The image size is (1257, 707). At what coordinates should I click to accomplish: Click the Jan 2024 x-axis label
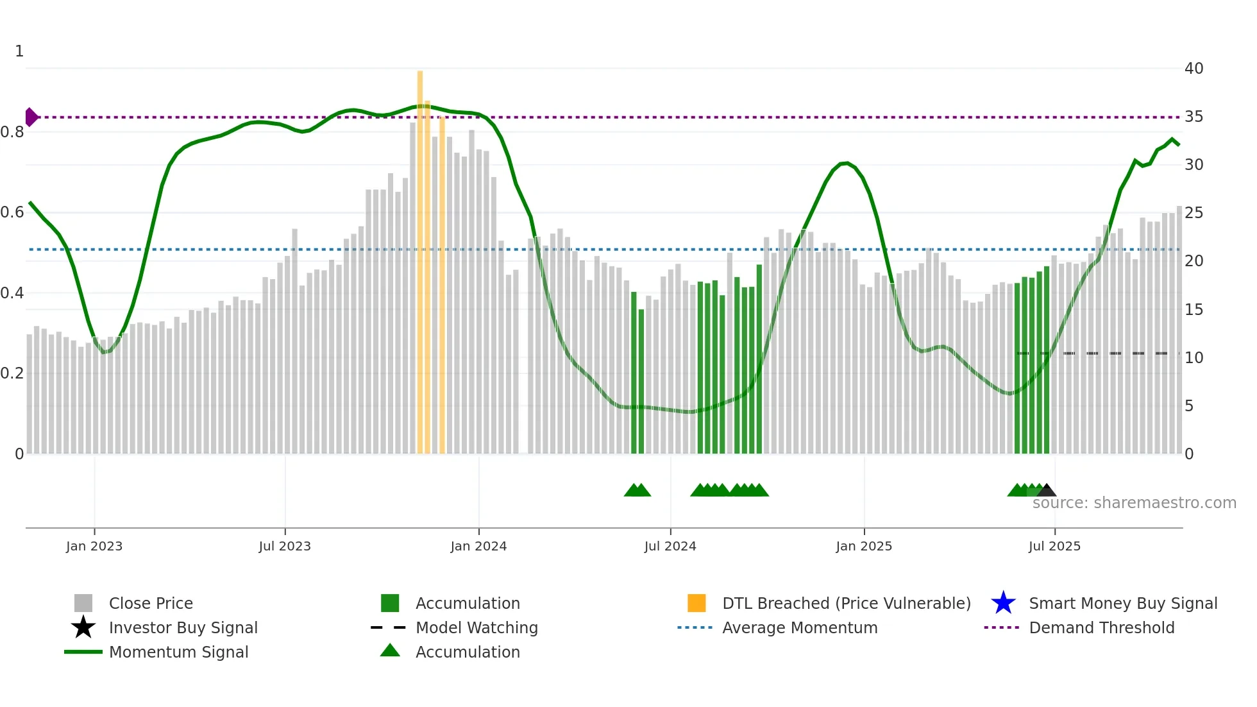478,546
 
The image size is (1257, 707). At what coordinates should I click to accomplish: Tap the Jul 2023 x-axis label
285,546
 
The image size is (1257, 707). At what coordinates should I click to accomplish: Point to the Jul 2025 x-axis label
1054,546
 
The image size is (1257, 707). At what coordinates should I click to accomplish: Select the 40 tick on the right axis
1194,69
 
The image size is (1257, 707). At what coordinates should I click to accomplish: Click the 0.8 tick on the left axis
12,132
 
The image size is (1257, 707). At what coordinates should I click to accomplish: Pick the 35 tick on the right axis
1194,117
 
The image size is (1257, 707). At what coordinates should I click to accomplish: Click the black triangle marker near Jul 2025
1047,490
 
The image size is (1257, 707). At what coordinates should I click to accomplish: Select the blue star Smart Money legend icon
1003,603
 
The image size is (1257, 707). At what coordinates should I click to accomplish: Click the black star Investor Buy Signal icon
83,627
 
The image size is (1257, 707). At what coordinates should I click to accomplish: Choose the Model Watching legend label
477,627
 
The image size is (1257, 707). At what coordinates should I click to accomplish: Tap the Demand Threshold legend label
1101,627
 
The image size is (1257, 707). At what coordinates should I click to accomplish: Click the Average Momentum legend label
800,627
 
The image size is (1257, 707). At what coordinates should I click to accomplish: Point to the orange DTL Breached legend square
696,603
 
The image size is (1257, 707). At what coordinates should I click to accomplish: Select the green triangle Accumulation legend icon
390,651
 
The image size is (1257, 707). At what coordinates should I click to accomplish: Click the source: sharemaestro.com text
1134,503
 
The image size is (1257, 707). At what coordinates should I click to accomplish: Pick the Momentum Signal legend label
178,652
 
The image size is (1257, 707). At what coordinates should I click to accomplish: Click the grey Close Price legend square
83,603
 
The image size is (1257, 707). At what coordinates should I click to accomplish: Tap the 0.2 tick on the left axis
12,373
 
